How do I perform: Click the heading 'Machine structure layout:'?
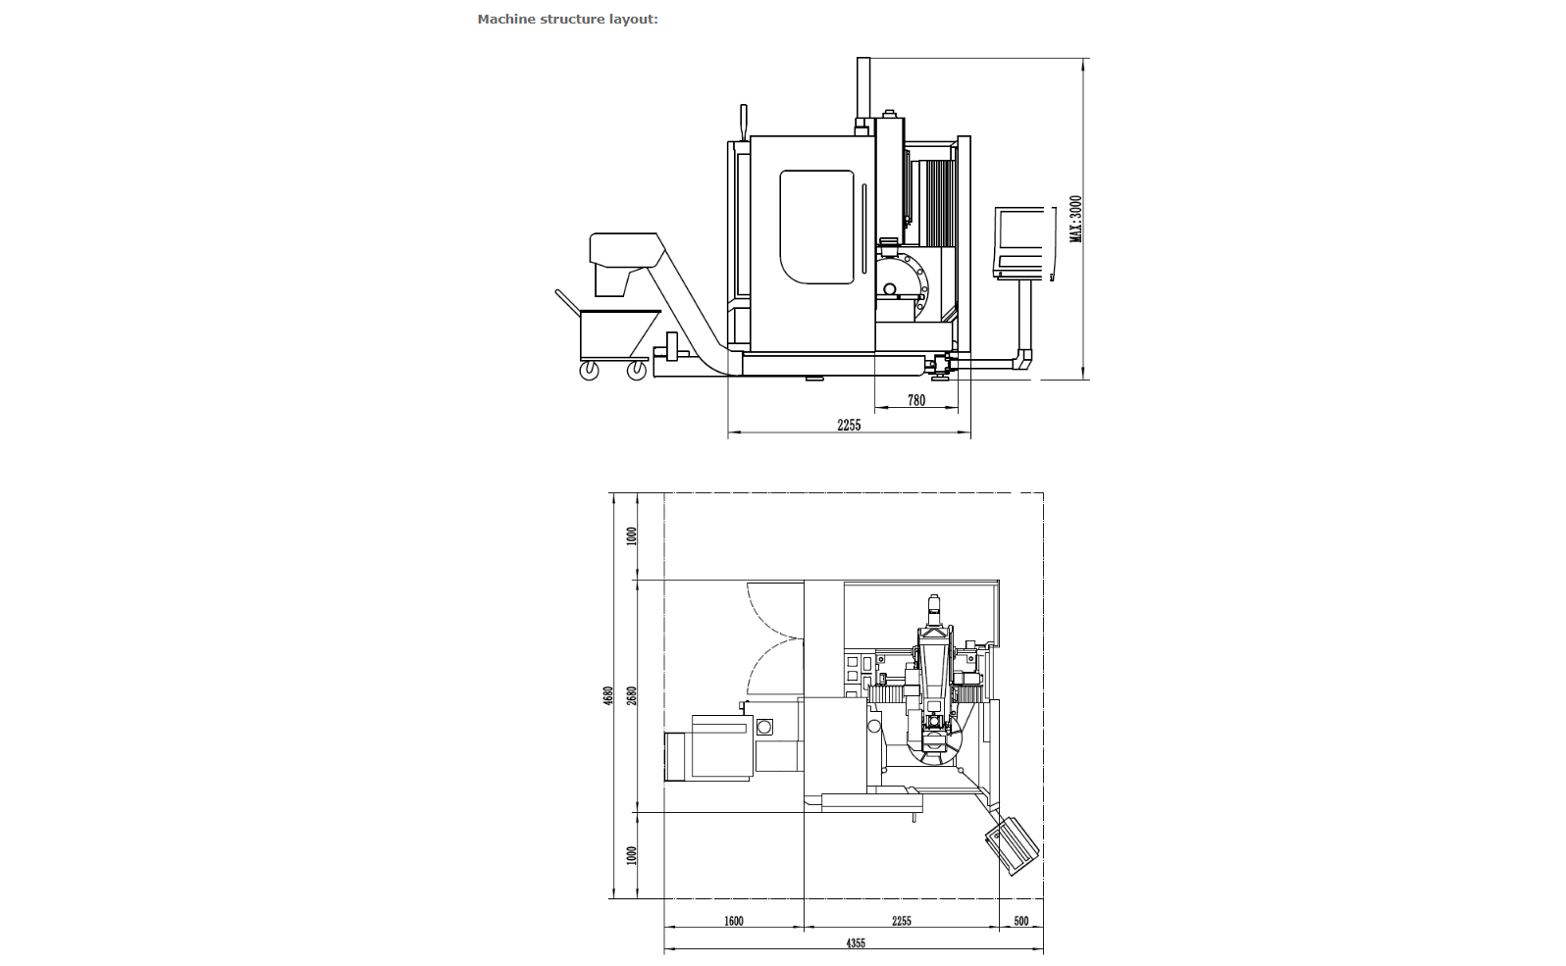click(568, 19)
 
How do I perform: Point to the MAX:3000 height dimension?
click(1076, 220)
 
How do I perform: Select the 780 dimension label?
click(916, 400)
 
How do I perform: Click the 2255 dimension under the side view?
click(850, 425)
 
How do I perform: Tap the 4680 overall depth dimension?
click(608, 696)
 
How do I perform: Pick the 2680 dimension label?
click(632, 696)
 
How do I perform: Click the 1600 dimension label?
click(733, 921)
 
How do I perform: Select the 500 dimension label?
click(1021, 921)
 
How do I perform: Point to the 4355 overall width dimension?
click(856, 943)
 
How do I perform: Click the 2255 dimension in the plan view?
click(902, 921)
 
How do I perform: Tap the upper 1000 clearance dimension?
click(632, 536)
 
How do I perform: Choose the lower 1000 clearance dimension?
click(632, 855)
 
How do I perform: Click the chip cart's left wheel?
click(590, 371)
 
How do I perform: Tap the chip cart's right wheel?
click(636, 371)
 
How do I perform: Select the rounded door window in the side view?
click(817, 228)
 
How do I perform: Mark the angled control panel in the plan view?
click(1012, 845)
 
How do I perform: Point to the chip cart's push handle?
click(568, 301)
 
